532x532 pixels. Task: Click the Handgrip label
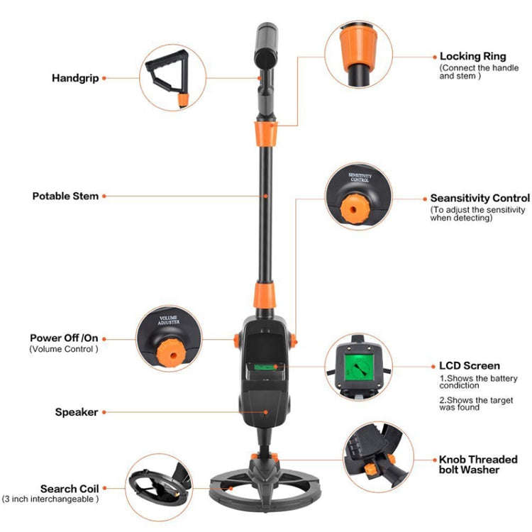[74, 77]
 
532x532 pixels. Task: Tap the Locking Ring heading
[473, 55]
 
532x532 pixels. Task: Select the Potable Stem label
[65, 196]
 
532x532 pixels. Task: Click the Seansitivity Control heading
[480, 199]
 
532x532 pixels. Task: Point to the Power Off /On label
[65, 338]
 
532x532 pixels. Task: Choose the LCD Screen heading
[469, 366]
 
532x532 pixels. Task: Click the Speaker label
[77, 412]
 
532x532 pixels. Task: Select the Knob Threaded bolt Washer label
[478, 465]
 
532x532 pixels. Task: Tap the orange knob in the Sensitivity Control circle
[353, 206]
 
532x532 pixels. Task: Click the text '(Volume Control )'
[64, 349]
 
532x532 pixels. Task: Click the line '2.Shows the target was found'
[468, 404]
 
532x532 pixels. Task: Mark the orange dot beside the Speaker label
[104, 412]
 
